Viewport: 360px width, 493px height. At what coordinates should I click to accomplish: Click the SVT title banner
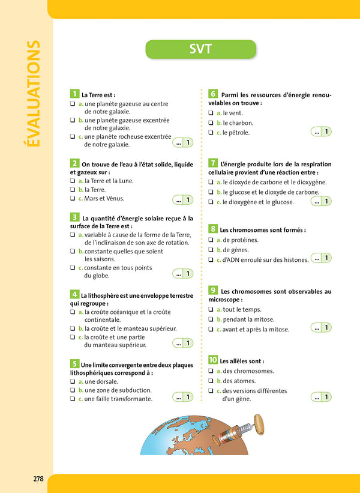(200, 49)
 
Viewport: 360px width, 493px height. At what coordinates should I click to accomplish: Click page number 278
(38, 479)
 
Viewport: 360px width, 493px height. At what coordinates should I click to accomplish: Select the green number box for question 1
(74, 94)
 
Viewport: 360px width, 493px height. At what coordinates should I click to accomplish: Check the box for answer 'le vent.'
(211, 113)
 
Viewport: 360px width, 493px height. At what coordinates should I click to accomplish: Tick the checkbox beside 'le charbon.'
(211, 123)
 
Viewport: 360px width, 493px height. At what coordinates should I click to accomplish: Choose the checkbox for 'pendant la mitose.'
(211, 319)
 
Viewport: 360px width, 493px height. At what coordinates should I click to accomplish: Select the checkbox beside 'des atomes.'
(211, 381)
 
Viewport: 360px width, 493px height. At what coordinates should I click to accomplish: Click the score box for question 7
(321, 201)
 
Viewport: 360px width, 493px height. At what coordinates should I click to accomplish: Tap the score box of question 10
(321, 396)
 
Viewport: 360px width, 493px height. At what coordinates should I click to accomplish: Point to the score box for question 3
(182, 274)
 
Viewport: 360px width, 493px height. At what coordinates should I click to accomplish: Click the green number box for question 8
(213, 229)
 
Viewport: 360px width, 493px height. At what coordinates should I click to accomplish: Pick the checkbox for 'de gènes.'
(211, 250)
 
